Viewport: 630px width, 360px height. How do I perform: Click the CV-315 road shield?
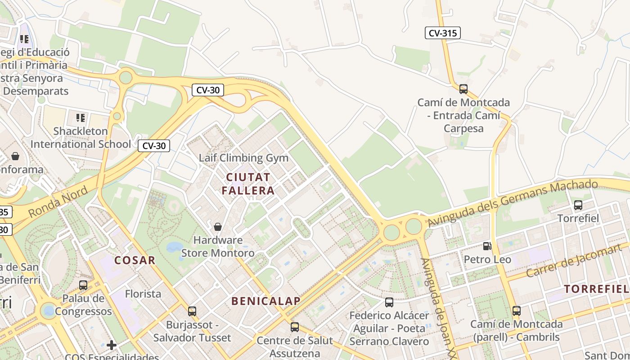pyautogui.click(x=443, y=32)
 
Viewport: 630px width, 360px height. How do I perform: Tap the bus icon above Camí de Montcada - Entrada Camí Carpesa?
pyautogui.click(x=463, y=89)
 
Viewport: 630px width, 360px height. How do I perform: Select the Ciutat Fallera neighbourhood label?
pyautogui.click(x=248, y=184)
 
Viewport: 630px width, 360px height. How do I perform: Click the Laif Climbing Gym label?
pyautogui.click(x=243, y=158)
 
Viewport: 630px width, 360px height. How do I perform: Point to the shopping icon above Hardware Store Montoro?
pyautogui.click(x=218, y=226)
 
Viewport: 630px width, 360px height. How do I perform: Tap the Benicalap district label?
pyautogui.click(x=265, y=301)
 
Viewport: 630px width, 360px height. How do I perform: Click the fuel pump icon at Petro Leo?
pyautogui.click(x=487, y=246)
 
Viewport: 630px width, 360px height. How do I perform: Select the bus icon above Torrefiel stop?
pyautogui.click(x=578, y=205)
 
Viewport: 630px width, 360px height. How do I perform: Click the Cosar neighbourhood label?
pyautogui.click(x=135, y=260)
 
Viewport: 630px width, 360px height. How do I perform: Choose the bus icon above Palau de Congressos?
pyautogui.click(x=83, y=285)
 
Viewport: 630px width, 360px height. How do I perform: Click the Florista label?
pyautogui.click(x=143, y=294)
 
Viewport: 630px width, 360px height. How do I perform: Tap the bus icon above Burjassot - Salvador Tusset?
pyautogui.click(x=192, y=311)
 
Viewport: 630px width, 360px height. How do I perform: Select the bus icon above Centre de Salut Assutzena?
pyautogui.click(x=295, y=327)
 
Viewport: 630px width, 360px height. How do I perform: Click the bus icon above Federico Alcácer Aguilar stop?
pyautogui.click(x=389, y=302)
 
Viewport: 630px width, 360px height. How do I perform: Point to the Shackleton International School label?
pyautogui.click(x=81, y=138)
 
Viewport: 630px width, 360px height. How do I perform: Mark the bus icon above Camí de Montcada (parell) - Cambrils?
pyautogui.click(x=516, y=310)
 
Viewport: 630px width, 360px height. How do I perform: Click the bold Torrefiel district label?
pyautogui.click(x=596, y=289)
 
